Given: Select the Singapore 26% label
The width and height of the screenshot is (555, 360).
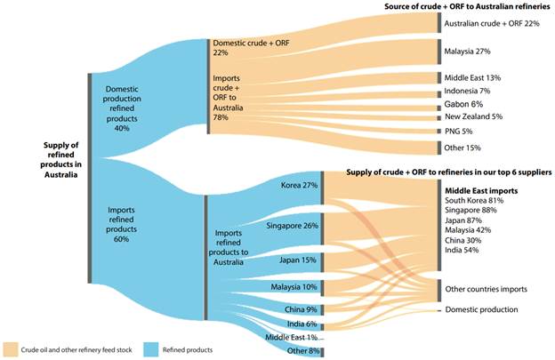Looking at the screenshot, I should click(x=292, y=225).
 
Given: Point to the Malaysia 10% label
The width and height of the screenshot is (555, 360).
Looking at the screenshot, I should click(x=294, y=287).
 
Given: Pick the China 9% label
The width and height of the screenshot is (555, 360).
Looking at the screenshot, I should click(x=300, y=308).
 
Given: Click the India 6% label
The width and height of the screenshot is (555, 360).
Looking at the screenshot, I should click(x=301, y=324).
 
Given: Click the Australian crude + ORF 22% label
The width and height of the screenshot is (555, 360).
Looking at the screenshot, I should click(x=491, y=23).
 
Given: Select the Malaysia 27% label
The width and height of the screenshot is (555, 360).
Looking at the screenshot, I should click(x=469, y=51).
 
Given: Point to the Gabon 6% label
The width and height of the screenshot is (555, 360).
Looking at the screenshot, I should click(x=464, y=104).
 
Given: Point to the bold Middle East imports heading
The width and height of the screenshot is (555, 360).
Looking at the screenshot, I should click(x=481, y=190).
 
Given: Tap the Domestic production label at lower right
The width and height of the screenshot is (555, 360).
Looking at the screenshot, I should click(x=481, y=309).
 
